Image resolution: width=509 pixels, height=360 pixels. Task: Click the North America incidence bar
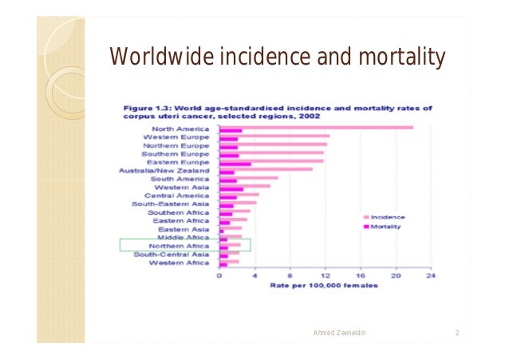pyautogui.click(x=316, y=128)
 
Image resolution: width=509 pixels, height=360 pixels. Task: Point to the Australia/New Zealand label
pyautogui.click(x=164, y=171)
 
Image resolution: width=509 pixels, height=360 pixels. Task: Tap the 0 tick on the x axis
pyautogui.click(x=219, y=275)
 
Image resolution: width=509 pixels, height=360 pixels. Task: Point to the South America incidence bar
pyautogui.click(x=249, y=178)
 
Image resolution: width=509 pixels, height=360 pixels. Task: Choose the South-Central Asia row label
pyautogui.click(x=172, y=255)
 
